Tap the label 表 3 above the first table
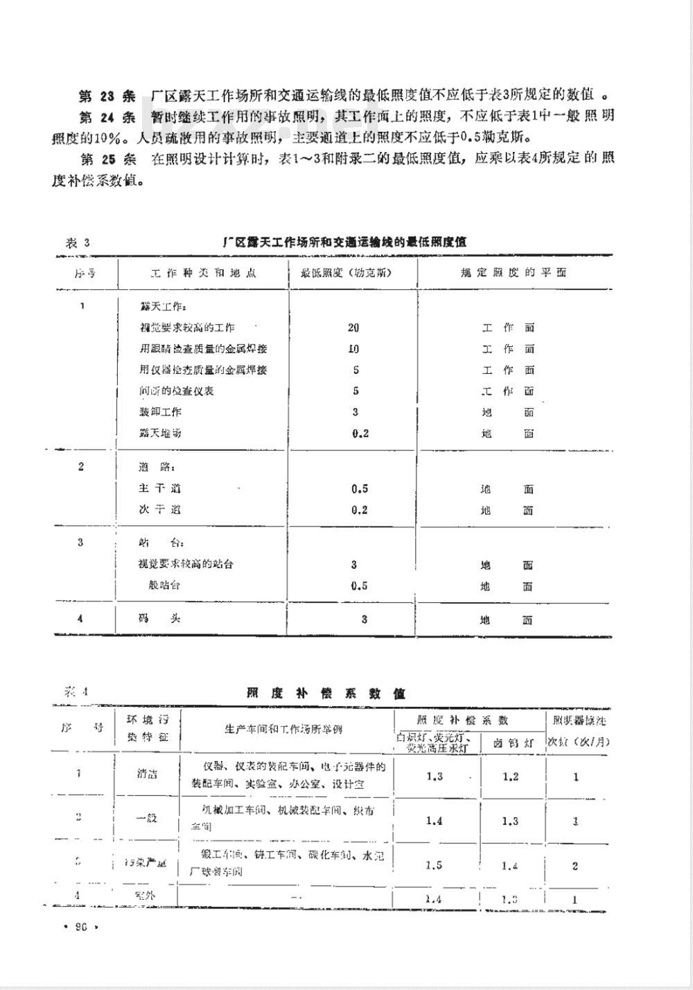click(x=78, y=242)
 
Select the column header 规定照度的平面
click(x=514, y=273)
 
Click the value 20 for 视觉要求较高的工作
click(x=353, y=327)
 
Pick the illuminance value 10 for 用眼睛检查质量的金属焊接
click(x=353, y=348)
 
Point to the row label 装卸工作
click(x=160, y=411)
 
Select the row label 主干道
click(x=160, y=488)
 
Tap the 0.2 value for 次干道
click(x=359, y=510)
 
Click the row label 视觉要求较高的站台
click(x=186, y=564)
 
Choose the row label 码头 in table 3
click(x=159, y=618)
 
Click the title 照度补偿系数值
click(x=326, y=693)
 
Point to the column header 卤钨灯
click(x=514, y=742)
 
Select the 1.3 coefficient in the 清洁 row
click(x=435, y=776)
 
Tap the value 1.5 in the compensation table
click(x=434, y=865)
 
